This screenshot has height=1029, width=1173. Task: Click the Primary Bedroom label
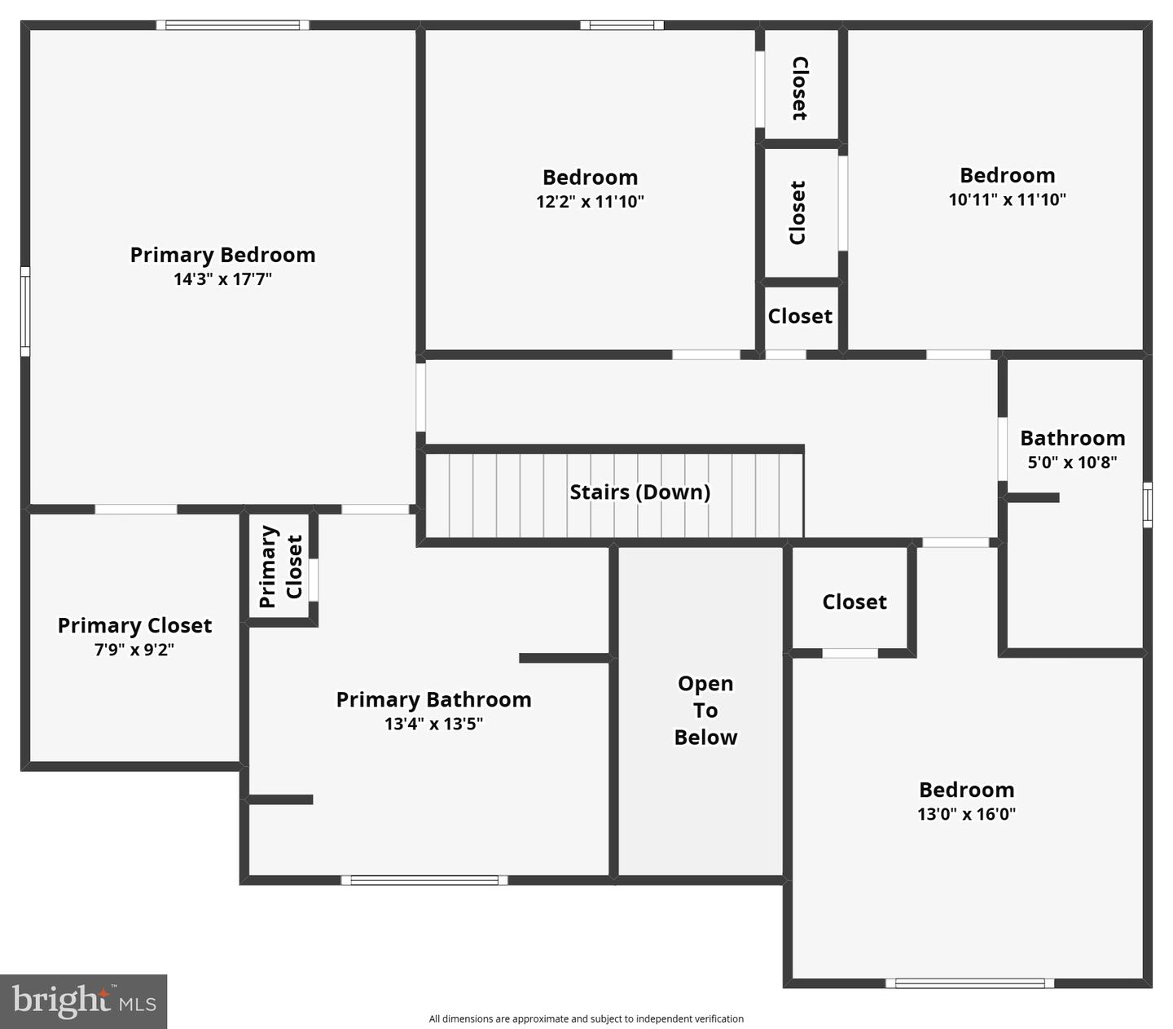tap(222, 255)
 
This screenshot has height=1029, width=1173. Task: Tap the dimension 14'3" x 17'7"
tap(222, 279)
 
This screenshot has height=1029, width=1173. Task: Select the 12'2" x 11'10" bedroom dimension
tap(590, 202)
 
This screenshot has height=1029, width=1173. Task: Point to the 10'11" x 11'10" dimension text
tap(1007, 199)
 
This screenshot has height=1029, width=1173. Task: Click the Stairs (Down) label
tap(639, 492)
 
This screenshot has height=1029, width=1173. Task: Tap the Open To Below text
tap(705, 710)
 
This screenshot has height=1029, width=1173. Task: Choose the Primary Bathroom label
tap(433, 699)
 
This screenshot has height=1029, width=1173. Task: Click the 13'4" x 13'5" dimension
tap(433, 724)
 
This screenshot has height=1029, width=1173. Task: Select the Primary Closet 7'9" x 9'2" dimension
tap(134, 650)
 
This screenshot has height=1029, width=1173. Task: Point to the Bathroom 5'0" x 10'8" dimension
tap(1072, 462)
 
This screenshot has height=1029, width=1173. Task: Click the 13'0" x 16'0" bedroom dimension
tap(966, 814)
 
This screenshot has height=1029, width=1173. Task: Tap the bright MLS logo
tap(83, 1001)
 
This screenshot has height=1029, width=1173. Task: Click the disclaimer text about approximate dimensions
tap(586, 1018)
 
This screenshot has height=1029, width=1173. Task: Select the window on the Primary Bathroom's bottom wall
tap(424, 880)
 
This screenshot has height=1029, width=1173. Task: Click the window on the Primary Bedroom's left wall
tap(25, 312)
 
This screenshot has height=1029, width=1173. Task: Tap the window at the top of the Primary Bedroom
tap(232, 25)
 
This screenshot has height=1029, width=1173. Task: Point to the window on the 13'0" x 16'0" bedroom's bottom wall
tap(969, 983)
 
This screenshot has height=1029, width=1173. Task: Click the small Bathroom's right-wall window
tap(1147, 505)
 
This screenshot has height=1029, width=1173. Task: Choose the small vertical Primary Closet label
tap(280, 567)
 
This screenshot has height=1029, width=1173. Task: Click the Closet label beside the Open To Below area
tap(854, 602)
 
